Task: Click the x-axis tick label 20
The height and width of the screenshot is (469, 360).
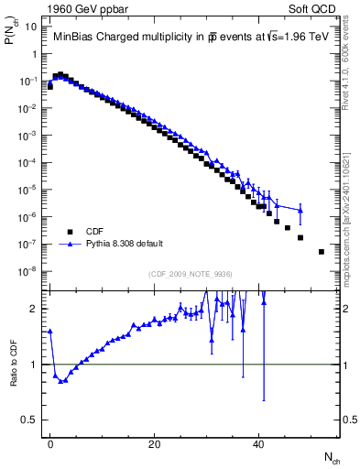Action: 155,442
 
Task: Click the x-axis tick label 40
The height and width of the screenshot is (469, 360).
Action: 259,442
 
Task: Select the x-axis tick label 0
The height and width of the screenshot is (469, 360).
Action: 50,442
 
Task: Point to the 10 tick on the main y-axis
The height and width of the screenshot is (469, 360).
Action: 34,27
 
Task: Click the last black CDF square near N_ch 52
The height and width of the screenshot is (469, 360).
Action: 321,251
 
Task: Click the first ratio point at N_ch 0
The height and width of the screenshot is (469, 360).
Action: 50,331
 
